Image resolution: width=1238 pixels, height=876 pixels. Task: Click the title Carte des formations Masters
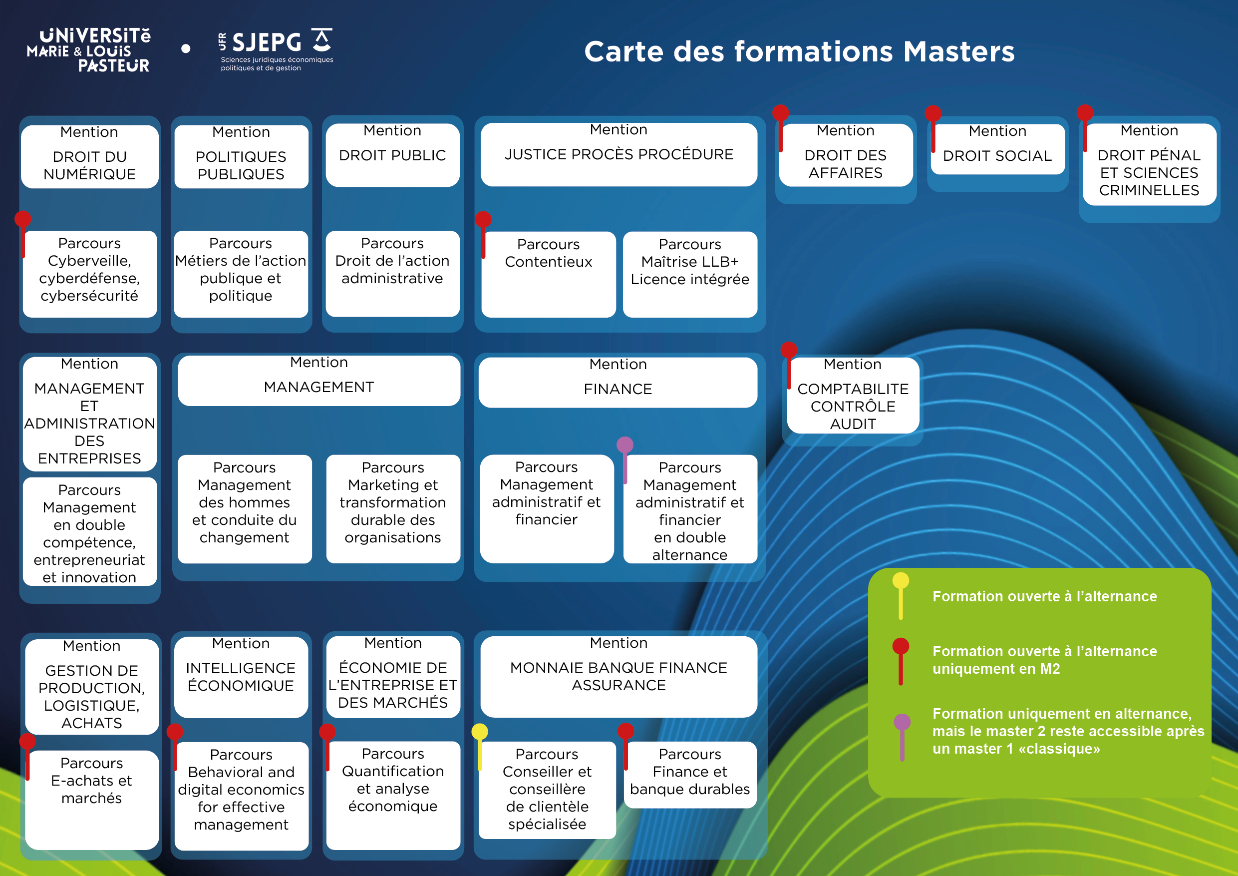pos(799,52)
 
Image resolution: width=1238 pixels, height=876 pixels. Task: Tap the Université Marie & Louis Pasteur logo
pos(89,50)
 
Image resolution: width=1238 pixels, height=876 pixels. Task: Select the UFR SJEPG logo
pos(276,49)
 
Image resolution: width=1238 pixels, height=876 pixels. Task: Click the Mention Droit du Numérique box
pos(89,157)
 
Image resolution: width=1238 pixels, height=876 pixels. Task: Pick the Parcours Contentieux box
pos(549,274)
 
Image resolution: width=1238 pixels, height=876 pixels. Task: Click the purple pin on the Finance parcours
pos(625,445)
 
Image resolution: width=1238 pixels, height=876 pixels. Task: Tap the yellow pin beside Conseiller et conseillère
pos(479,732)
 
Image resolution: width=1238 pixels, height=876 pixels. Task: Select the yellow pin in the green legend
pos(901,581)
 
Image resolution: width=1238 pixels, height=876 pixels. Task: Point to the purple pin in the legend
pos(902,722)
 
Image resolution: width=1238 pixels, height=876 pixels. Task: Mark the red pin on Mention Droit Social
pos(933,114)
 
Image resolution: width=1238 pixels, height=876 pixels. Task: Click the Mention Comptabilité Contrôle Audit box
pos(853,396)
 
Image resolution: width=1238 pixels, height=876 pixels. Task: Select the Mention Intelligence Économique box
pos(241,677)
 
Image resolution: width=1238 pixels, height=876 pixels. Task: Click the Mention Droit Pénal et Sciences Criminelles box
pos(1149,164)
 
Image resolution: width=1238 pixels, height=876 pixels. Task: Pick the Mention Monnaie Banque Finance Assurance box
pos(619,676)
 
